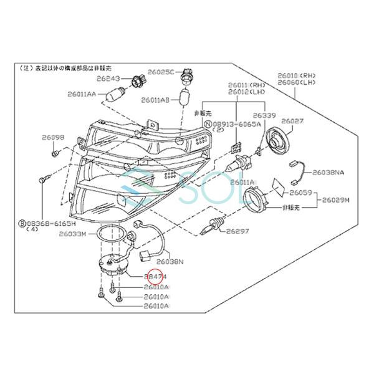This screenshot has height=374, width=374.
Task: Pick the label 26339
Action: pos(264,116)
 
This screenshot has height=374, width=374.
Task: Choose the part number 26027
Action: pos(292,120)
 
